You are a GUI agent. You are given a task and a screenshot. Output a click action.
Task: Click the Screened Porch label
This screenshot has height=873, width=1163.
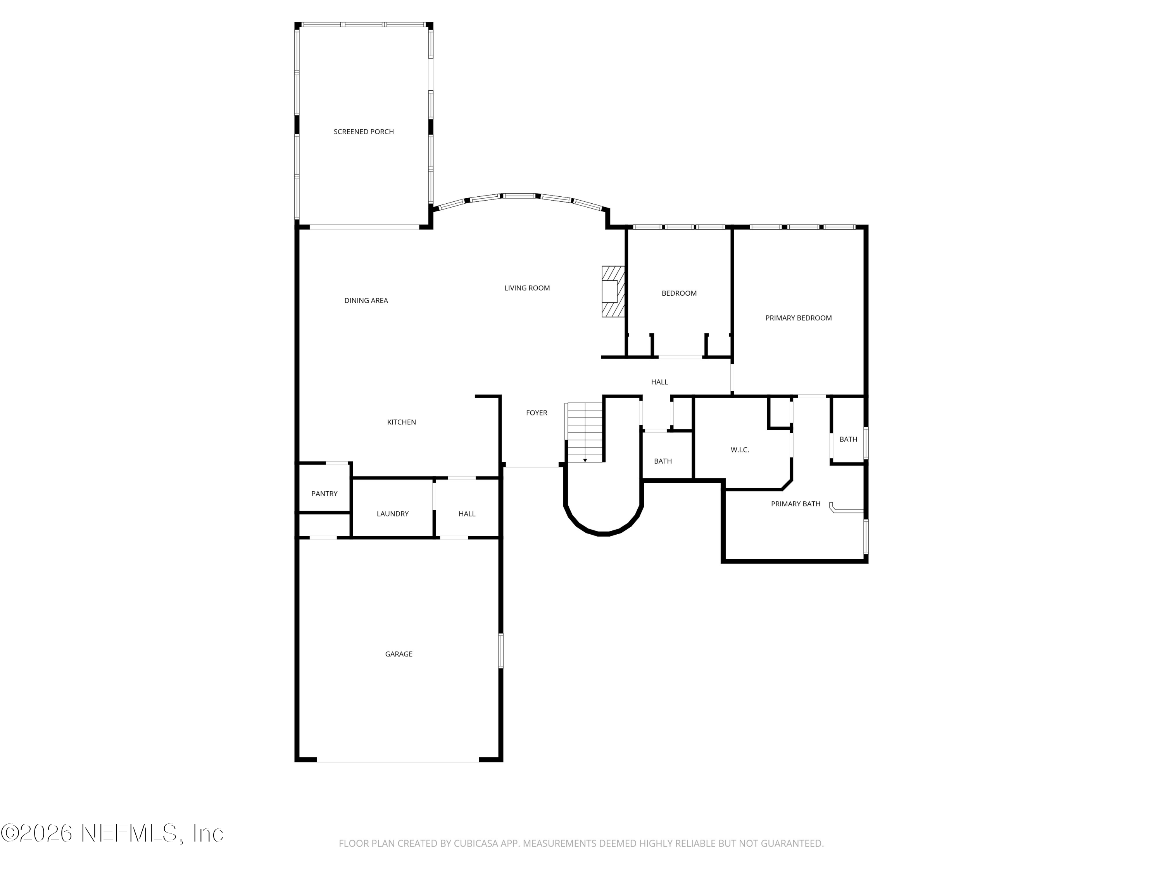coord(363,132)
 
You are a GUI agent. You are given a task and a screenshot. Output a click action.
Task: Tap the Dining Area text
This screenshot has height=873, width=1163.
coord(366,300)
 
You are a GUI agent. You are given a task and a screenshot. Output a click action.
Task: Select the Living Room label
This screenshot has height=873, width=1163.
coord(527,288)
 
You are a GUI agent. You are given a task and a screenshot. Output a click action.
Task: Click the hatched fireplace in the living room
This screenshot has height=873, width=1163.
coord(613,291)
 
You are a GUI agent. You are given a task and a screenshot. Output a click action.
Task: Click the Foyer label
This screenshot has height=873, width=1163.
coord(536,412)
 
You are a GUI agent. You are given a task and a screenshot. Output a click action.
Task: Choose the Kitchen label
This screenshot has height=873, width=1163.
coord(401,422)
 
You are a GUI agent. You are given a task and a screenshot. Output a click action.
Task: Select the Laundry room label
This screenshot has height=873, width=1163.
coord(392,514)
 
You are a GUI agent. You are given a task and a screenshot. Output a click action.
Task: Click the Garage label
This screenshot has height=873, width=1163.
coord(399,654)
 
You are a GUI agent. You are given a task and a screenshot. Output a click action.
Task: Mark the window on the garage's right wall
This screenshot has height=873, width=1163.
coord(500,651)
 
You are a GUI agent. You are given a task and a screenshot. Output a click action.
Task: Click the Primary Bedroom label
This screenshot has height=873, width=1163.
coord(798,318)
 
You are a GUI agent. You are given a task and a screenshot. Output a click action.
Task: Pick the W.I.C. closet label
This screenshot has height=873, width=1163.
coord(739,450)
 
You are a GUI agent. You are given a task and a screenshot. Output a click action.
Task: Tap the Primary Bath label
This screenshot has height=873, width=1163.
coord(795,504)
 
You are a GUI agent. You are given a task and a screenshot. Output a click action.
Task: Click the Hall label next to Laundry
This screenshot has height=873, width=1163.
coord(466,514)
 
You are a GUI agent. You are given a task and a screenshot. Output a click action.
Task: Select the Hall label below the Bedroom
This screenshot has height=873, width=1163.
coord(659,382)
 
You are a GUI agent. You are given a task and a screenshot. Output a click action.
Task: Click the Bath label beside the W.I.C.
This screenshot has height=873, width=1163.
coord(663,461)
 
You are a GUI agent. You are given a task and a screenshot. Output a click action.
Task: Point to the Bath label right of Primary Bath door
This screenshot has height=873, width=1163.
coord(847,439)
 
